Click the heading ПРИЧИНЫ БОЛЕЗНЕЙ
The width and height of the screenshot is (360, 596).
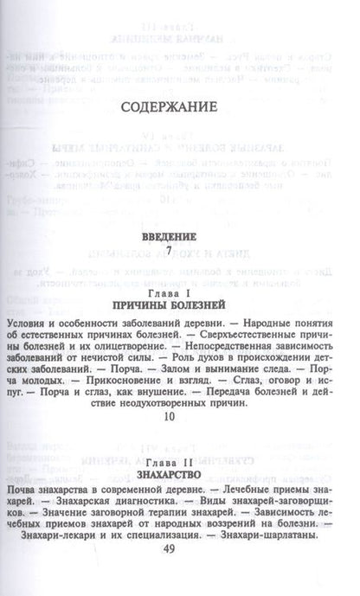coord(179,305)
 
